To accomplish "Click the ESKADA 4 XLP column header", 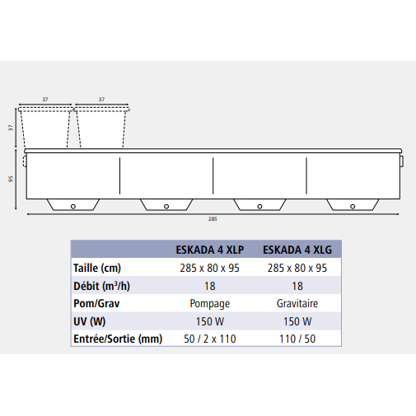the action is tap(210, 250).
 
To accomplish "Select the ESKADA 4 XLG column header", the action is tap(297, 250).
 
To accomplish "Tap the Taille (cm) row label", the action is tap(97, 268).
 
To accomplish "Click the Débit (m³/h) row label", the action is tap(101, 286).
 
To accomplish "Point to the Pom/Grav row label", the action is tap(96, 304).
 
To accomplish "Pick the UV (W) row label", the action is tap(90, 321).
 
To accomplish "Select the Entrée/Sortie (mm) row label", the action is tap(118, 339).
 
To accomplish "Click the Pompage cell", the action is tap(210, 304).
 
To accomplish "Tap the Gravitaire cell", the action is tap(297, 303).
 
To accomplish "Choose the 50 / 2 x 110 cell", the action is tap(210, 339).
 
